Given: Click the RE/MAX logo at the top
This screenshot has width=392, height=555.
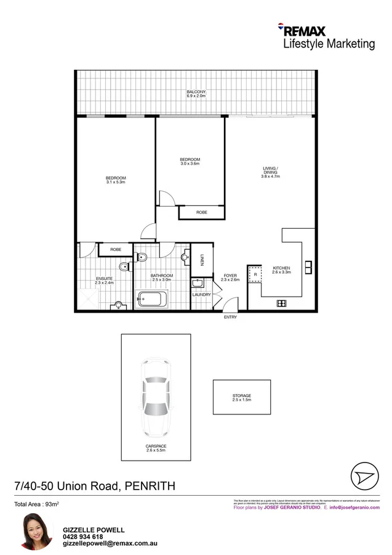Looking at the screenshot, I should click(302, 31).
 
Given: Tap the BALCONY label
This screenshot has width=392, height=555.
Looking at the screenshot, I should click(196, 94).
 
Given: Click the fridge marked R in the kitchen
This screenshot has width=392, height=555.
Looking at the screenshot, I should click(255, 274).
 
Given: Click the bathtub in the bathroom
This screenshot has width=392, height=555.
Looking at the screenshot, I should click(151, 300).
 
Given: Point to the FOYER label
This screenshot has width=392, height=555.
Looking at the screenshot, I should click(230, 276).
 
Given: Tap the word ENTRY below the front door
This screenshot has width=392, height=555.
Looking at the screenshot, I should click(230, 317).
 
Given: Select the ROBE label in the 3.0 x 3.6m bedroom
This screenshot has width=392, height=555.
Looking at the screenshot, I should click(201, 213).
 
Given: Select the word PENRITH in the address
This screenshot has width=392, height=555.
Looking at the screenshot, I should click(150, 486).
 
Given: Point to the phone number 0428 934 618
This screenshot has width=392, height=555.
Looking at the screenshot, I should click(84, 536).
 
